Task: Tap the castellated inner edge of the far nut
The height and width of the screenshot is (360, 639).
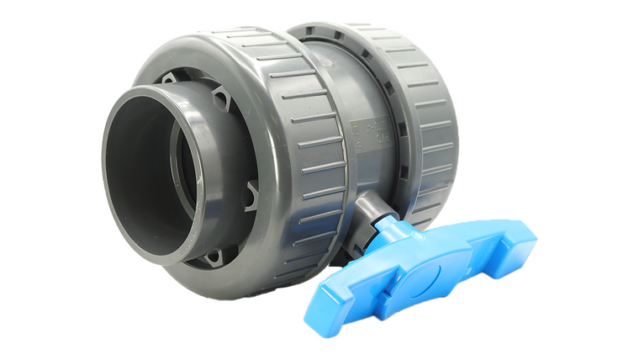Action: point(395,126)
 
